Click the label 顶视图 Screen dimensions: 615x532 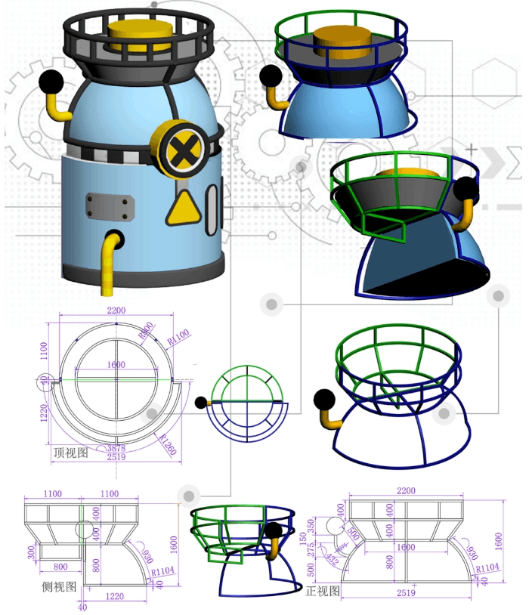click(70, 453)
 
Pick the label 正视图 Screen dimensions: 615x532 click(323, 590)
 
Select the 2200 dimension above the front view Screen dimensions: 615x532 click(406, 490)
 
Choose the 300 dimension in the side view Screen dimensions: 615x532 click(29, 553)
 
